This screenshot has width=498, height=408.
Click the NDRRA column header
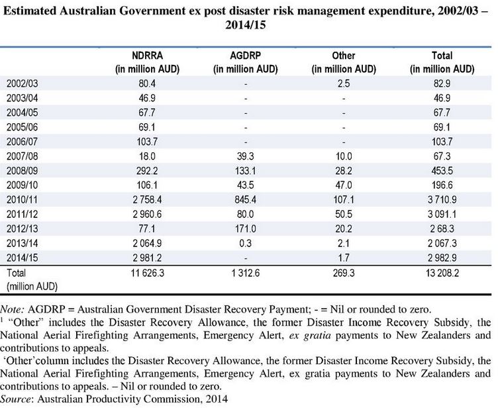tap(148, 62)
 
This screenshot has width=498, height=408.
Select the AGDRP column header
tap(245, 62)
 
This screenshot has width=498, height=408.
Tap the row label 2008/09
tap(22, 171)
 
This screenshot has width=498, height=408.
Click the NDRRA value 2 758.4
tap(147, 199)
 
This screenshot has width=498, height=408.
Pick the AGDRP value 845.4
tap(245, 199)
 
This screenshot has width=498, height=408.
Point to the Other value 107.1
tap(344, 199)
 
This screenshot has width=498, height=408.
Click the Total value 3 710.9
tap(442, 199)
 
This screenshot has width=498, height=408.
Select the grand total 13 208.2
tap(442, 273)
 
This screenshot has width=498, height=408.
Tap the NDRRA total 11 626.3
tap(148, 273)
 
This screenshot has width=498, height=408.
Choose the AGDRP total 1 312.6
tap(245, 273)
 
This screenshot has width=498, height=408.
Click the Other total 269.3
tap(344, 273)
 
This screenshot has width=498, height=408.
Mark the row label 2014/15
tap(22, 258)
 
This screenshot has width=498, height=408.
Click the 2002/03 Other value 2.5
tap(344, 83)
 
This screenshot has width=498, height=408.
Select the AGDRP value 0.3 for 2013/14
tap(245, 243)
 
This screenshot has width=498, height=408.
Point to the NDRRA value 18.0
tap(147, 156)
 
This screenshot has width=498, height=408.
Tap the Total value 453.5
tap(442, 171)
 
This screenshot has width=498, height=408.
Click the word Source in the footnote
tap(17, 399)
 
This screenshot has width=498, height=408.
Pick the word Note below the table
tap(12, 309)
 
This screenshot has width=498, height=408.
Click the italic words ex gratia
tap(310, 335)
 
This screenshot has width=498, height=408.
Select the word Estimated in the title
tap(30, 11)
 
